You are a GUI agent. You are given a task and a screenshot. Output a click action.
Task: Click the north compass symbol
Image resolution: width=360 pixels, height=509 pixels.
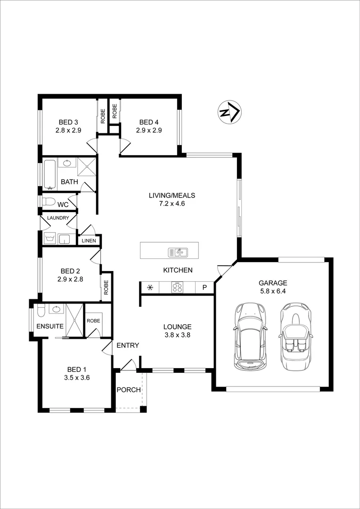pos(229,113)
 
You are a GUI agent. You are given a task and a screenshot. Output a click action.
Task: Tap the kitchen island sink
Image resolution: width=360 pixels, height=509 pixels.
pos(178,252)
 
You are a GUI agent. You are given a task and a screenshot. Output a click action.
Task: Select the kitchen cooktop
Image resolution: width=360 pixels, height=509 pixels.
pos(178,287)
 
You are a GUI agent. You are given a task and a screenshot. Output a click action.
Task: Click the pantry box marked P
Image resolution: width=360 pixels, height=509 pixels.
pos(205,287)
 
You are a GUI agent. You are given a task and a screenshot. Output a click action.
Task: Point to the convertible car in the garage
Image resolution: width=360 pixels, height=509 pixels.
pos(295,336)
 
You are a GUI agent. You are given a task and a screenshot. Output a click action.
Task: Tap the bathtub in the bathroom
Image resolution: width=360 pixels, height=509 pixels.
pos(49,174)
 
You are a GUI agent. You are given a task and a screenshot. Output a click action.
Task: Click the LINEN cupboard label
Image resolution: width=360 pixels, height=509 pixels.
pos(89,241)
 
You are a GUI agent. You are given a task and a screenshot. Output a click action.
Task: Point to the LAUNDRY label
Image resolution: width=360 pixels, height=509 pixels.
pos(58,218)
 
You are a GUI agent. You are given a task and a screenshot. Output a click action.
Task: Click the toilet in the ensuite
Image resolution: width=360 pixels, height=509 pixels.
pos(41,312)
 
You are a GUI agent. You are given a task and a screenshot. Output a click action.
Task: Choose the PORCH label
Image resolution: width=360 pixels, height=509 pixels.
pos(129,390)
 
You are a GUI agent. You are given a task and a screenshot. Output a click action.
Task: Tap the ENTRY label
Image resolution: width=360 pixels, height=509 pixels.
pos(128,345)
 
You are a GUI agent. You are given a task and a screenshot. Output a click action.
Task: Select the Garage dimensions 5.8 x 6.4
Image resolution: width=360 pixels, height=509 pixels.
pos(272,291)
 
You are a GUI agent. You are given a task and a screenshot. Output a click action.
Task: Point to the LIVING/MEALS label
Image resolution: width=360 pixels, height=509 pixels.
pos(172,195)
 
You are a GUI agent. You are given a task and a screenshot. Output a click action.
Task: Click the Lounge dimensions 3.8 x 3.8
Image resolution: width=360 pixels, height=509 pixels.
pos(177,335)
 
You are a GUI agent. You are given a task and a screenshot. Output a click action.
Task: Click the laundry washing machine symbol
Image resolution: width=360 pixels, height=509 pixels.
pos(49,239)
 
